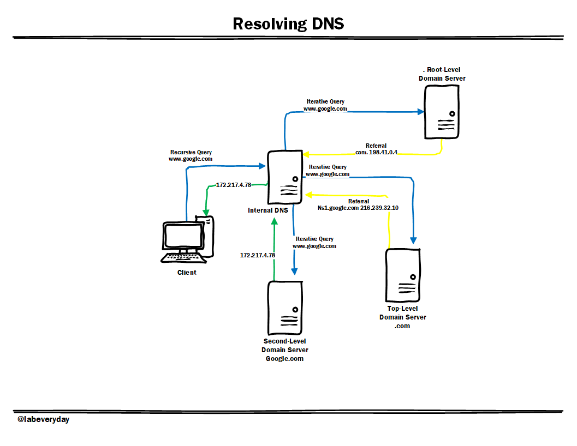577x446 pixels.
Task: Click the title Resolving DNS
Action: tap(288, 24)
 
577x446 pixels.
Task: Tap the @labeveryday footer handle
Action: tap(44, 420)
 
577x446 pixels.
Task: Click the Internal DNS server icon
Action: tap(284, 178)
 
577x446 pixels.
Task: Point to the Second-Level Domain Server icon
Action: tap(284, 308)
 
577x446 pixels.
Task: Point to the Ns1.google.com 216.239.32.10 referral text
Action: tap(358, 208)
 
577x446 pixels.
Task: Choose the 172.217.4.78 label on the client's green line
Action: tap(234, 185)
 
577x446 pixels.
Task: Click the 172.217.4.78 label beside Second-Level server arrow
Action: tap(258, 255)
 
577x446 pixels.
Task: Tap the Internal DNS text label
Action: tap(267, 210)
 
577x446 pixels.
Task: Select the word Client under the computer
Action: tap(187, 272)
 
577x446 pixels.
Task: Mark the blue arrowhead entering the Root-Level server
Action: tap(421, 112)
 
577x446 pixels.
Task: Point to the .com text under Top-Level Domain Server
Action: tap(402, 326)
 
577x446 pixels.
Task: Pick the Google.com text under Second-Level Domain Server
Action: tap(284, 359)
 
